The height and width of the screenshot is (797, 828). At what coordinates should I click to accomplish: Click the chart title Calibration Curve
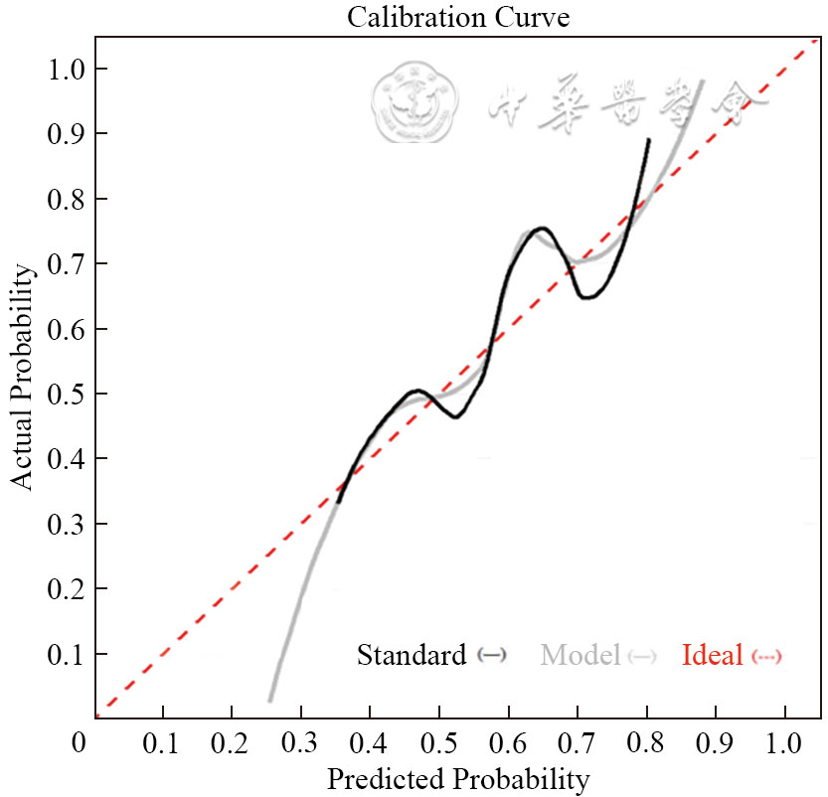click(x=457, y=17)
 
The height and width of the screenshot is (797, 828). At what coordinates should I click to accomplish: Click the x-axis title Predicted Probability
click(x=457, y=777)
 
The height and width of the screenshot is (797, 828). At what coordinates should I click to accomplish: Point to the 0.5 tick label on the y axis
click(x=64, y=394)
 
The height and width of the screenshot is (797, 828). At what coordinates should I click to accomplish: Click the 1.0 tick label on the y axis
click(x=64, y=69)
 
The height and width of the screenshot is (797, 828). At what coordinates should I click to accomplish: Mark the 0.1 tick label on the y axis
click(x=64, y=654)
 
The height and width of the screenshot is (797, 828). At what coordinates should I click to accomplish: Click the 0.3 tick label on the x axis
click(x=300, y=742)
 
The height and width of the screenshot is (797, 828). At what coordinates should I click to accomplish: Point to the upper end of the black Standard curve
click(x=649, y=140)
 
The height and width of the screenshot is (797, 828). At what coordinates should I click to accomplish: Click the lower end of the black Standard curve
click(x=338, y=502)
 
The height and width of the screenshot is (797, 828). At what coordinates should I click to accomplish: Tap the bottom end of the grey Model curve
click(x=269, y=701)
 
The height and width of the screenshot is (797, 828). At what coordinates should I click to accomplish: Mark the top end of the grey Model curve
click(x=703, y=81)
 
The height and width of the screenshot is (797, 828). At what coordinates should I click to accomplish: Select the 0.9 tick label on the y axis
click(x=64, y=133)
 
